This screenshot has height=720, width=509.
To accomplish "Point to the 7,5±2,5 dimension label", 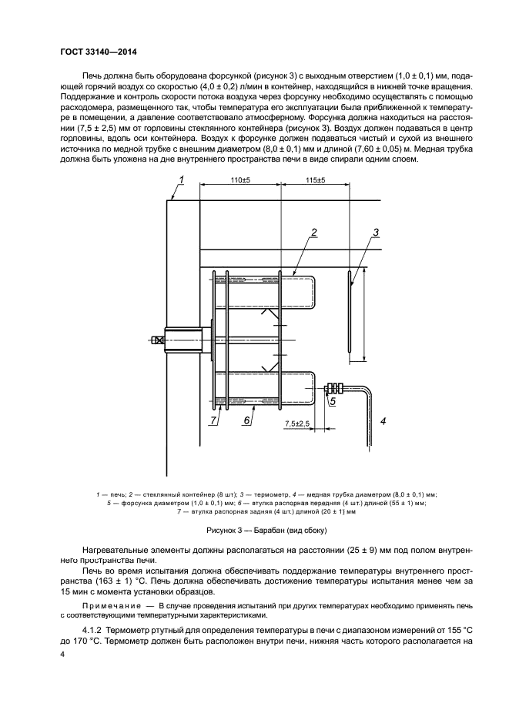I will (297, 424).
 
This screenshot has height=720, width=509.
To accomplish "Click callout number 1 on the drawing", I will (182, 179).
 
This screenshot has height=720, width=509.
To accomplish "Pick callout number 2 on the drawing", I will (314, 232).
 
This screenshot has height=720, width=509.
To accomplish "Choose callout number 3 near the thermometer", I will (377, 232).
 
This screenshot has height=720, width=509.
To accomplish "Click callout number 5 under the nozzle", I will (333, 401).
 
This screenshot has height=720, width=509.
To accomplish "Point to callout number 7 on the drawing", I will (214, 420).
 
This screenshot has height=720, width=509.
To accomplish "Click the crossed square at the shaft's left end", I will (158, 339).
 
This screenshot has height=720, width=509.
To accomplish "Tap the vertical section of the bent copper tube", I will (367, 420).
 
